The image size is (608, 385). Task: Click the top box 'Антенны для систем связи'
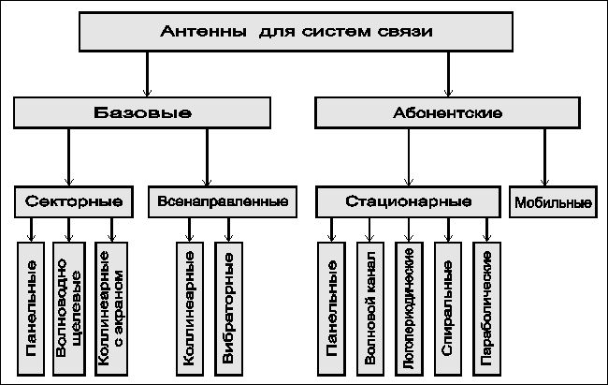click(296, 32)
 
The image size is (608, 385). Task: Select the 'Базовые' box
click(142, 112)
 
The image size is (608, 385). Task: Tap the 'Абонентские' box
click(447, 112)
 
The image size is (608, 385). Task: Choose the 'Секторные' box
click(74, 201)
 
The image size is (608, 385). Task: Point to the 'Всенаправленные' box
click(223, 201)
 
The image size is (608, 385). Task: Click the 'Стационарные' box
click(409, 201)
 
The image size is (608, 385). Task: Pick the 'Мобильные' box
click(554, 201)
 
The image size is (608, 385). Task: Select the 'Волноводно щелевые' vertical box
click(69, 309)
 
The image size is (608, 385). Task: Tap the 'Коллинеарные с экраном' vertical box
click(111, 309)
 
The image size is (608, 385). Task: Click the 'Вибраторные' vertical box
click(228, 309)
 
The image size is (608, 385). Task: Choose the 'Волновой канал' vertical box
click(370, 309)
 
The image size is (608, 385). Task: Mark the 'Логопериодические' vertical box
click(409, 309)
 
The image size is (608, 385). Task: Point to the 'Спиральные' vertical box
click(448, 309)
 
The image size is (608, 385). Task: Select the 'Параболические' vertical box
click(486, 309)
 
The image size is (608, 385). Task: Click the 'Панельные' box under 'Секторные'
click(31, 309)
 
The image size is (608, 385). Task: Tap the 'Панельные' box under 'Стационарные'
click(331, 309)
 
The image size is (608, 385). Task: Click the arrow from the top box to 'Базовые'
click(147, 74)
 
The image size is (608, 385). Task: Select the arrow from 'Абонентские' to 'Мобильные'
click(544, 157)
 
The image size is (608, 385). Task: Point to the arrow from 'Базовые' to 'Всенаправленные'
click(207, 157)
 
